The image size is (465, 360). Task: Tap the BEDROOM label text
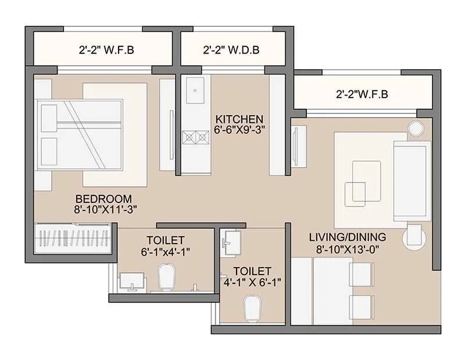point(103,198)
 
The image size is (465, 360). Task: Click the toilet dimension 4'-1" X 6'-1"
point(252,283)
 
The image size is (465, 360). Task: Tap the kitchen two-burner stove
point(195,137)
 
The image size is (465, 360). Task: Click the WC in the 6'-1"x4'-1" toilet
point(167,279)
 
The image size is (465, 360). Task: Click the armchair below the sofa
point(415,236)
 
